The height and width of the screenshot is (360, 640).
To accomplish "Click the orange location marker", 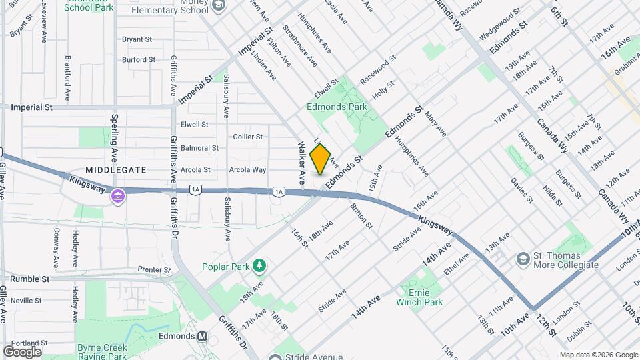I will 321,159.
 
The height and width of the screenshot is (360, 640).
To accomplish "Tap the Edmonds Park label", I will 337,107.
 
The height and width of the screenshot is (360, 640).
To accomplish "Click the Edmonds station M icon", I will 202,337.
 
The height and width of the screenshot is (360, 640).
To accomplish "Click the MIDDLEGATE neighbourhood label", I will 115,170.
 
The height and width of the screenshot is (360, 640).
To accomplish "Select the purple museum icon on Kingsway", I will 118,197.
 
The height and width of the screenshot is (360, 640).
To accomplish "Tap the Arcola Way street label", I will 247,170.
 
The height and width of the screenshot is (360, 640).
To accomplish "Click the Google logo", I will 22,351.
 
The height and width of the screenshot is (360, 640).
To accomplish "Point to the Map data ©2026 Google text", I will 598,355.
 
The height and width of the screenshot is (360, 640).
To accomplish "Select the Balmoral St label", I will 200,148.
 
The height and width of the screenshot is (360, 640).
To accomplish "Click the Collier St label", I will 247,137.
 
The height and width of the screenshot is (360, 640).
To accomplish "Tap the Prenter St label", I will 155,269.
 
